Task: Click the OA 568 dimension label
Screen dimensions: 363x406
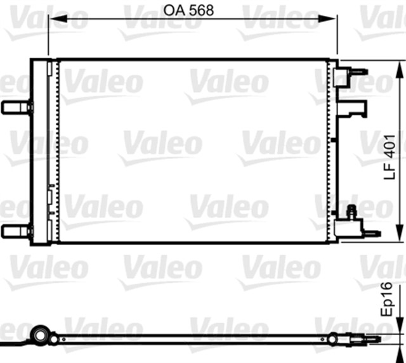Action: point(188,10)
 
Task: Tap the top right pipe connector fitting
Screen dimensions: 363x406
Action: point(355,74)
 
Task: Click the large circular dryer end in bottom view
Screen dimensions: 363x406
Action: point(41,335)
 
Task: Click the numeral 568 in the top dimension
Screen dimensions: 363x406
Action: point(201,10)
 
